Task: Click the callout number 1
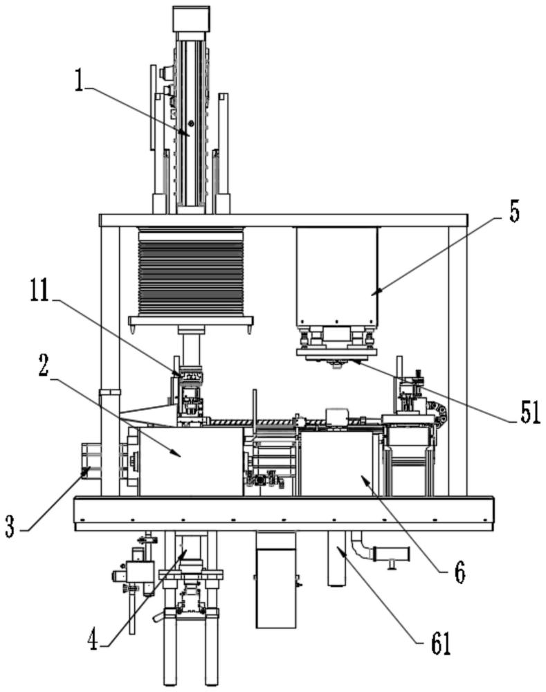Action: [x=80, y=81]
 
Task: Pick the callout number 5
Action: [x=514, y=212]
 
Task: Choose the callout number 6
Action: [x=460, y=573]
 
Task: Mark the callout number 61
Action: [x=440, y=644]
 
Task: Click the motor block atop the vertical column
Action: [x=191, y=19]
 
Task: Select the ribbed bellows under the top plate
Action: [x=191, y=271]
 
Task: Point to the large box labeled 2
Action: [x=191, y=461]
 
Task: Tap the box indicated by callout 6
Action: [x=336, y=464]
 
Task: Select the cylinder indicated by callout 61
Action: [x=337, y=558]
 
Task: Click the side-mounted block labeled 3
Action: [x=91, y=461]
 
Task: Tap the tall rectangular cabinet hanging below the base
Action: [x=276, y=580]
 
